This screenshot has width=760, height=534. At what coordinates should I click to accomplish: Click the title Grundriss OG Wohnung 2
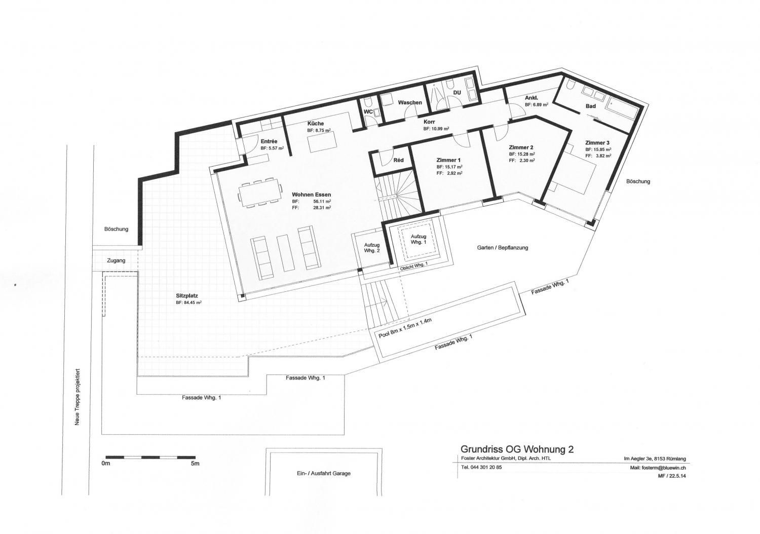(x=517, y=449)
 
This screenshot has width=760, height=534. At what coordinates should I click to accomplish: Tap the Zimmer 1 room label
(x=448, y=160)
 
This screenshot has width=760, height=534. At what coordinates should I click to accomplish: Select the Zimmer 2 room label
(x=520, y=147)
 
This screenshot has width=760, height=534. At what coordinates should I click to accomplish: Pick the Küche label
(x=315, y=124)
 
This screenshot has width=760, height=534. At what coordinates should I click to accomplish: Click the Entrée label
(x=269, y=141)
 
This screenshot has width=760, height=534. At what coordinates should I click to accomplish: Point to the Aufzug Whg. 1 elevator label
(x=418, y=239)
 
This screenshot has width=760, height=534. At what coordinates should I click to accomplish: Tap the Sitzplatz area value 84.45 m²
(x=189, y=302)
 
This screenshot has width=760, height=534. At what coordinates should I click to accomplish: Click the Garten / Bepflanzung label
(x=502, y=248)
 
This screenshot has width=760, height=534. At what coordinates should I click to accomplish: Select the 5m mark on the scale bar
(x=195, y=464)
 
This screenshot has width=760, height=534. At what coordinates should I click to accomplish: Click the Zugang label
(x=116, y=260)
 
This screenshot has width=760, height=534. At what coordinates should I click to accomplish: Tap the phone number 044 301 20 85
(x=481, y=467)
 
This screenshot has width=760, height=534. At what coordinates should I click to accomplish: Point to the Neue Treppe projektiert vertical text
(x=78, y=400)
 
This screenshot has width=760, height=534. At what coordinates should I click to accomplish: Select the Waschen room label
(x=409, y=102)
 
